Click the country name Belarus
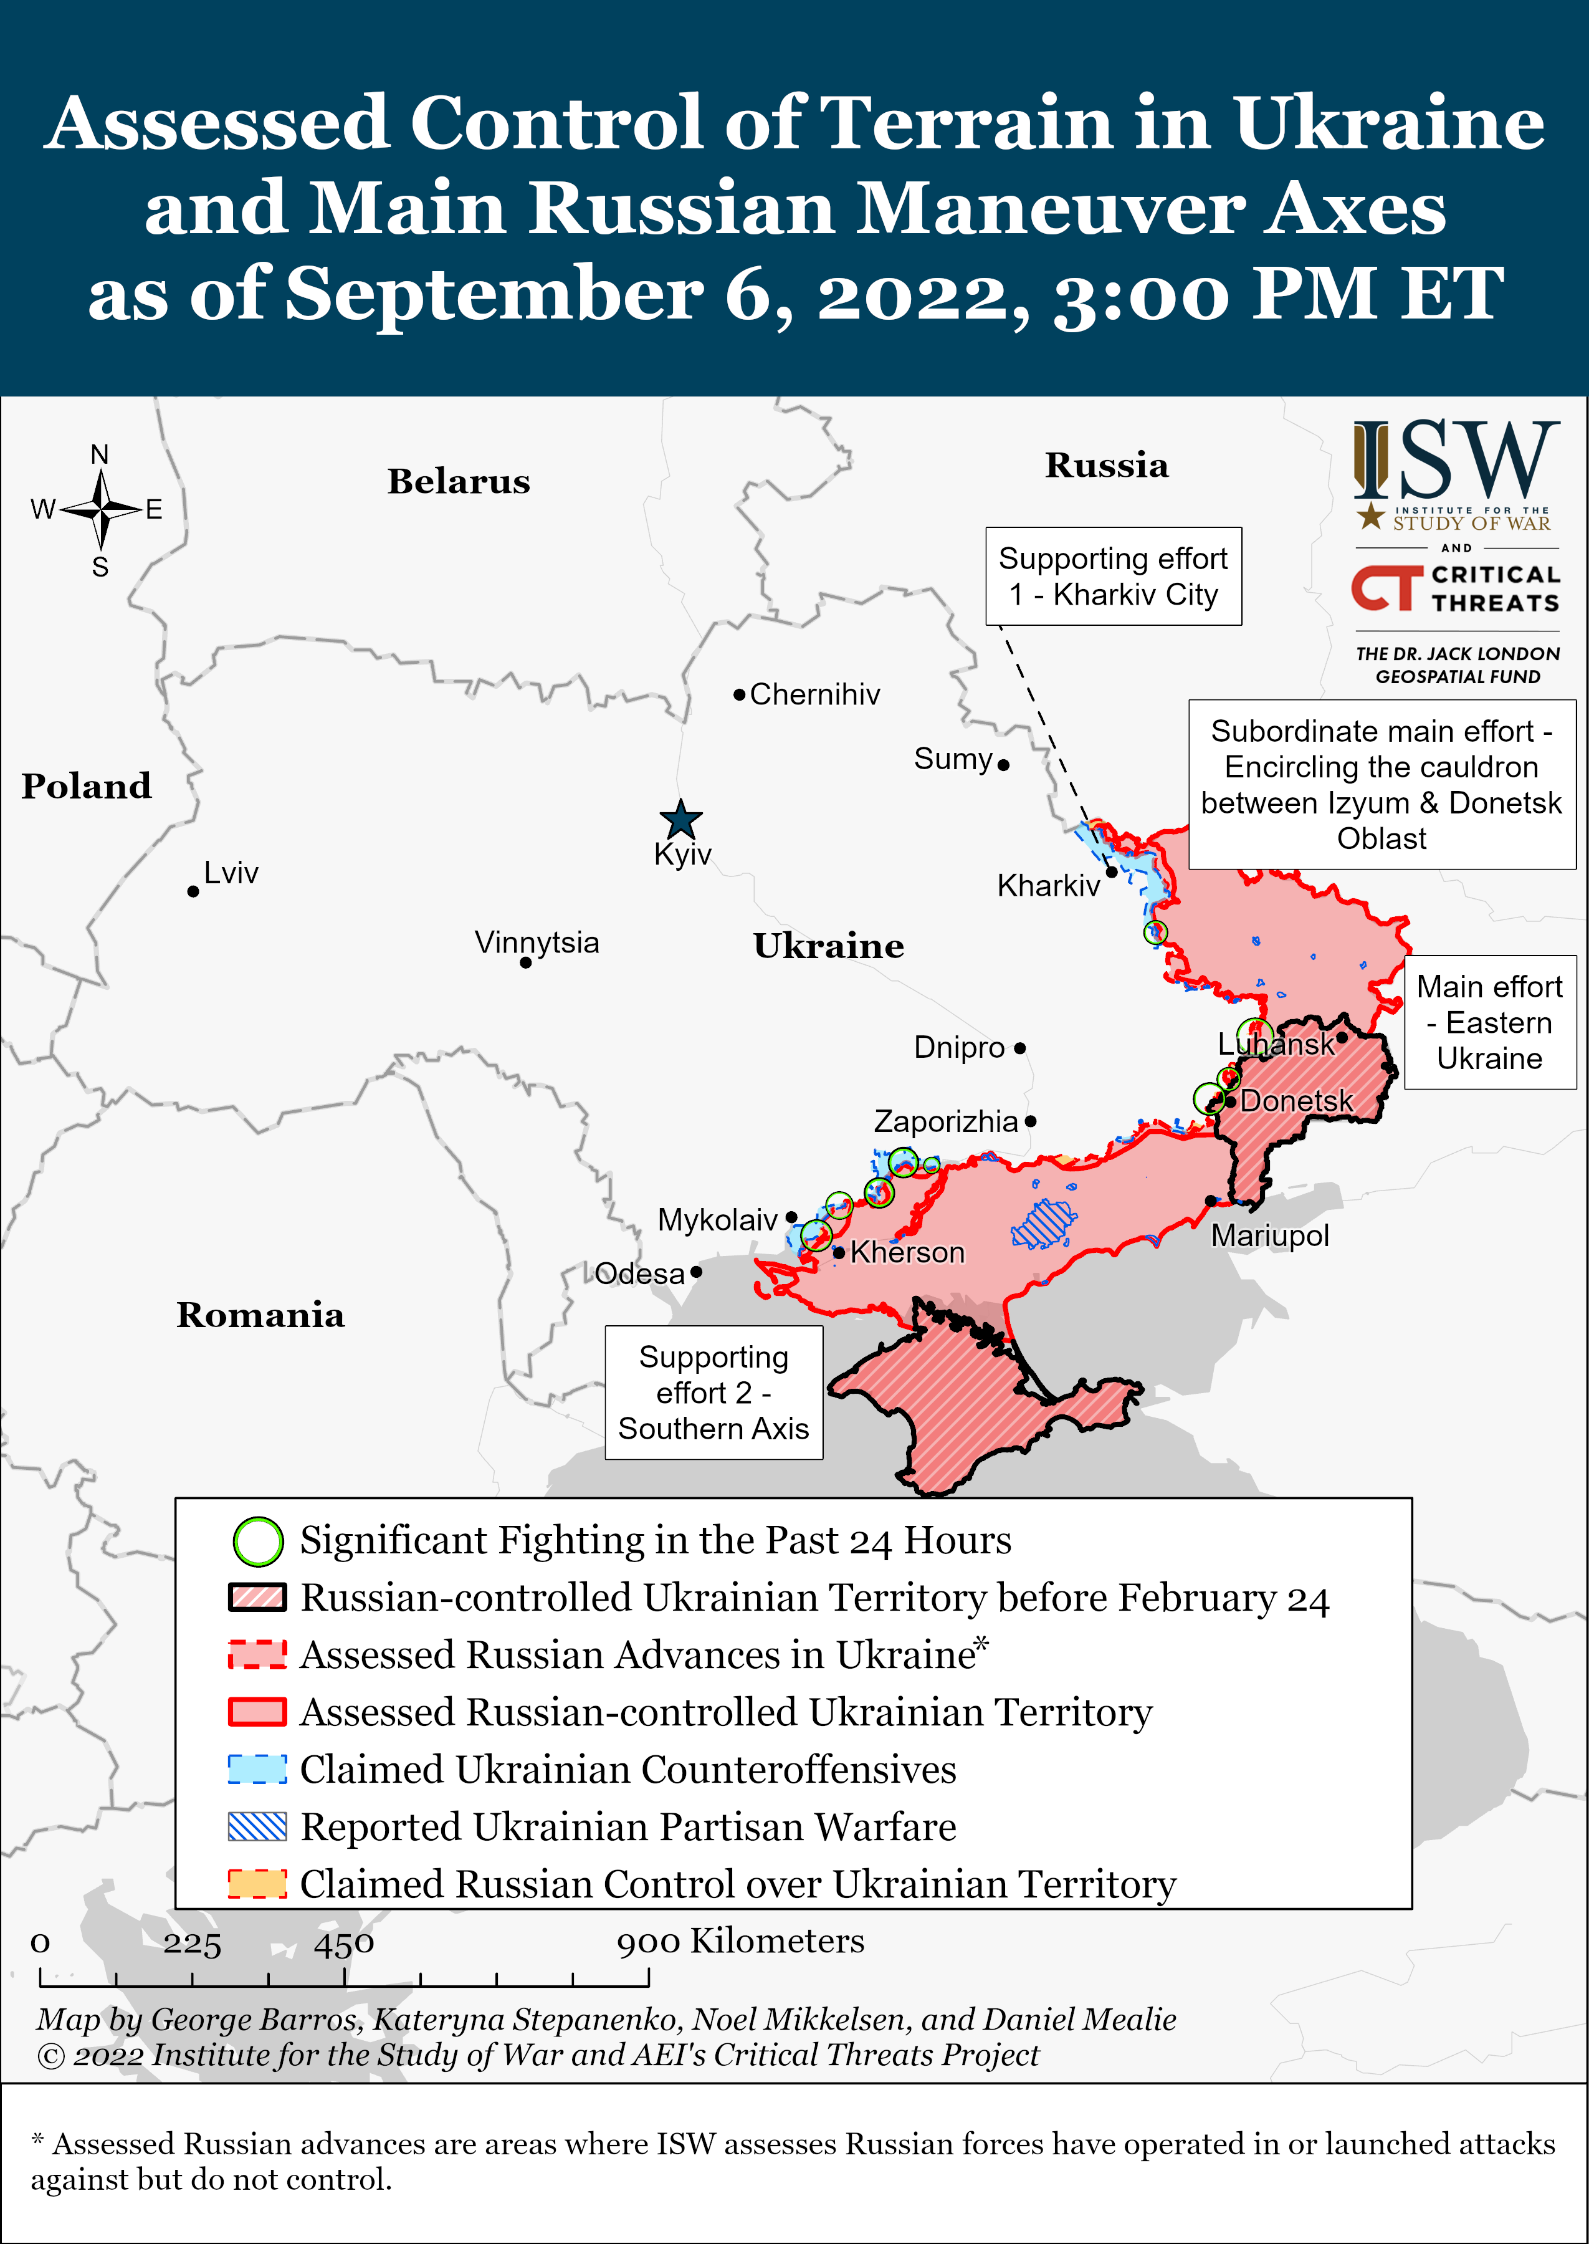coord(458,481)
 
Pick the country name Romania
coord(260,1315)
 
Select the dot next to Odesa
coord(695,1272)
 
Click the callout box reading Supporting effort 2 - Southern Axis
coord(713,1393)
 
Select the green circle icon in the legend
coord(257,1542)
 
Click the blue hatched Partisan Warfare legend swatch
coord(257,1826)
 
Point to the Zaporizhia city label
coord(945,1121)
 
